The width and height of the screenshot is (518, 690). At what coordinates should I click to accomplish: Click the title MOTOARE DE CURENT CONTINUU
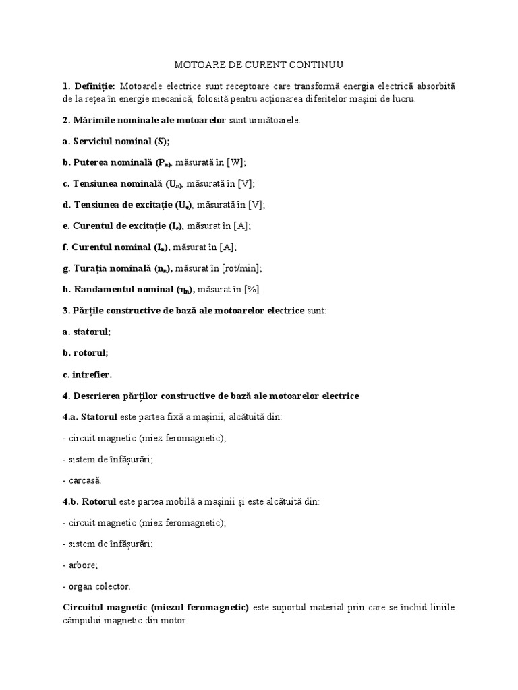[259, 65]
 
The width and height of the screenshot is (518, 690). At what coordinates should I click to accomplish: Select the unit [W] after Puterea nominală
[236, 162]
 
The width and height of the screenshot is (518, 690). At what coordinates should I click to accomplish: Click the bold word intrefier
[92, 374]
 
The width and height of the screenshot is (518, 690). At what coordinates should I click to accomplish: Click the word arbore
[84, 565]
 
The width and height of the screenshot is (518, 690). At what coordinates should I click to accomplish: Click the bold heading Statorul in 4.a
[100, 416]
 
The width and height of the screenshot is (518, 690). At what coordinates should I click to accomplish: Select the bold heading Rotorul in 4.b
[100, 502]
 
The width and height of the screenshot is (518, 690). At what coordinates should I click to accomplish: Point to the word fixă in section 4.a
[198, 416]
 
